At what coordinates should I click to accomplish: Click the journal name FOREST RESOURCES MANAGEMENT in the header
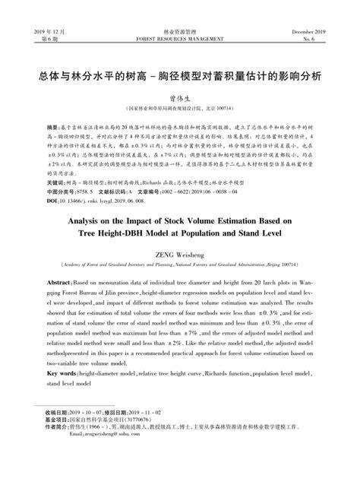[179, 37]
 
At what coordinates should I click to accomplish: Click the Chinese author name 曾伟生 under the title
[179, 98]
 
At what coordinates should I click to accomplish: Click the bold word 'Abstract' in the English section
[60, 282]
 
